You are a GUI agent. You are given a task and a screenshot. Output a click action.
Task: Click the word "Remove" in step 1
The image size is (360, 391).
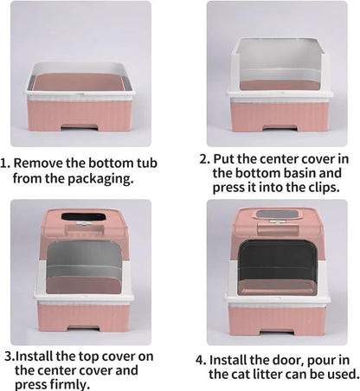(38, 163)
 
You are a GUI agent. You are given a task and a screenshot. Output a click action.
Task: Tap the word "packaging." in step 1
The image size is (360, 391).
(101, 179)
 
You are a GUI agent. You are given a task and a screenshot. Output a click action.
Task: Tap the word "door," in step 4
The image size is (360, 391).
(286, 361)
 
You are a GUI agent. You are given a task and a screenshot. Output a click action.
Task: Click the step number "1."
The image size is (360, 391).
(5, 163)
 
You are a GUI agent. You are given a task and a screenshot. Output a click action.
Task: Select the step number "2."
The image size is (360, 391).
(204, 159)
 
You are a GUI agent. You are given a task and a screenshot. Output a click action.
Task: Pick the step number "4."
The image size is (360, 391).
(201, 361)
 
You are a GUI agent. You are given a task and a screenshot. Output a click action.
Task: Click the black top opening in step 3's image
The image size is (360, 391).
(83, 217)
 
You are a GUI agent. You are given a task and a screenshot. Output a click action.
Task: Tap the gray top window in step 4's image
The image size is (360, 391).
(277, 215)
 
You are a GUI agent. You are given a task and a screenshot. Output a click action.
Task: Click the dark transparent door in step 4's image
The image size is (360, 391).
(277, 267)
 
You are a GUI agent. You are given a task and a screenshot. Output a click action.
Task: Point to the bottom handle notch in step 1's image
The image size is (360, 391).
(80, 127)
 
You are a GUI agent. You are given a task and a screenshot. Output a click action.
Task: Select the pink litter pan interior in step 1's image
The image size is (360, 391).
(80, 82)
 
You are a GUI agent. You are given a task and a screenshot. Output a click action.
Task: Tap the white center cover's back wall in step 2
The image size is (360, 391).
(279, 54)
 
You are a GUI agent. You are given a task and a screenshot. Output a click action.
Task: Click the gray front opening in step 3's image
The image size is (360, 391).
(84, 268)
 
